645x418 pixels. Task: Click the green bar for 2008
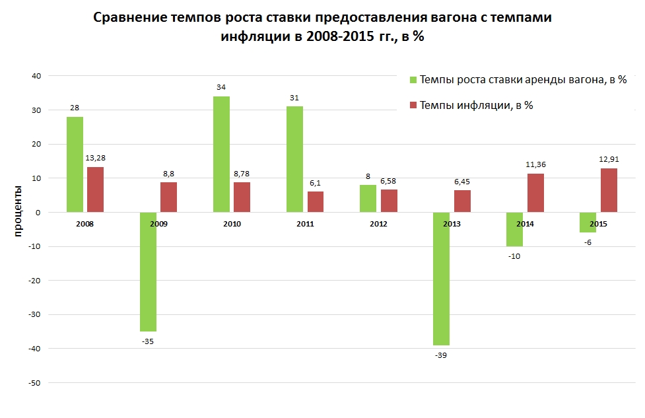coord(75,164)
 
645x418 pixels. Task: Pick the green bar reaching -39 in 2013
coord(441,278)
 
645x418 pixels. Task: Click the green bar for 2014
coord(514,229)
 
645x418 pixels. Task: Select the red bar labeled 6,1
coord(316,201)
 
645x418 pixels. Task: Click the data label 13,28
coord(96,158)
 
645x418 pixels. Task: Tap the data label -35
coord(148,341)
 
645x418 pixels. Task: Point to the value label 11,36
coord(535,164)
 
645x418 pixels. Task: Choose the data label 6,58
coord(390,180)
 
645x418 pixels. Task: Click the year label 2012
coord(378,224)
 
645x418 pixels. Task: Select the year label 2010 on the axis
coord(232,224)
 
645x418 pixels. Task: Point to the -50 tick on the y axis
coord(34,382)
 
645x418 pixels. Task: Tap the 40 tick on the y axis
coord(36,76)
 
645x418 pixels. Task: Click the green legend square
coord(413,80)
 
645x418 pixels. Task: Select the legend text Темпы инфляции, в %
coord(476,105)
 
